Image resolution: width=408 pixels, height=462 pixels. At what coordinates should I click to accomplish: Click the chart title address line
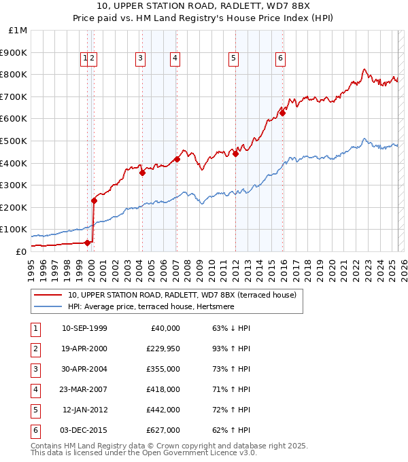[204, 6]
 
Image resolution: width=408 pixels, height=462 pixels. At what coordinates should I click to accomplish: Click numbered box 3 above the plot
[140, 59]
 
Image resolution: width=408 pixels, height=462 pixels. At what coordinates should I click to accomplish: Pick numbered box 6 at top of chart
[279, 59]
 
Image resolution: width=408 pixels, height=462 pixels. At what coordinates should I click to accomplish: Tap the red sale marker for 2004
[142, 173]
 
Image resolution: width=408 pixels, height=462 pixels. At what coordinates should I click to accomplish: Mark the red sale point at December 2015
[282, 113]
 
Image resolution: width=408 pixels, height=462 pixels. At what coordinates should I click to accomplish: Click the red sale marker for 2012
[235, 154]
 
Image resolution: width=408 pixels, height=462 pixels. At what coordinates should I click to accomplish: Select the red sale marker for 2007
[177, 159]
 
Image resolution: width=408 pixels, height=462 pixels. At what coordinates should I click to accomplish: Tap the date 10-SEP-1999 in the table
[84, 328]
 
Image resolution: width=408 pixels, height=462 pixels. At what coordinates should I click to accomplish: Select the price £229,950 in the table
[163, 349]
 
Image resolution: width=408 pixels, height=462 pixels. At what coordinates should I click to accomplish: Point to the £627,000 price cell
[163, 430]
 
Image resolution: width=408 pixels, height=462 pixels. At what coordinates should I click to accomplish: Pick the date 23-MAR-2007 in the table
[84, 389]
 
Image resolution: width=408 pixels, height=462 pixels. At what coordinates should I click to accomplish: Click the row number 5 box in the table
[35, 410]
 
